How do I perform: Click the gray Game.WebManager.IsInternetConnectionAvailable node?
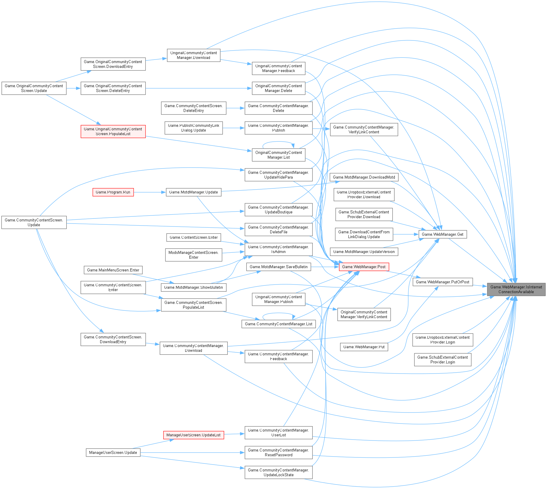pos(516,289)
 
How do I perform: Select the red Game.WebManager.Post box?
pos(364,267)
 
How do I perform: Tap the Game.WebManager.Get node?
pos(442,234)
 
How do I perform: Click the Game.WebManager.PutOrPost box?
pos(442,282)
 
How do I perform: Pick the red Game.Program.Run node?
pos(113,192)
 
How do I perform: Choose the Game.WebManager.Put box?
pos(364,347)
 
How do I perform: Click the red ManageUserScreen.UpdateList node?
pos(193,435)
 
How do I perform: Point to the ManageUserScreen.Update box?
pos(113,452)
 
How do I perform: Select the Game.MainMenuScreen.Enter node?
pos(113,270)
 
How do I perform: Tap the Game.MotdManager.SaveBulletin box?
pos(279,267)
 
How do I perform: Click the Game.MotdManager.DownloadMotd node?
pos(364,177)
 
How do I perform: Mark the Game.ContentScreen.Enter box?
pos(194,237)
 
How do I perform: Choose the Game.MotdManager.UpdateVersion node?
pos(364,251)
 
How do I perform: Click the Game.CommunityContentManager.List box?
pos(279,324)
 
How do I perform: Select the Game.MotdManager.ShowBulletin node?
pos(193,287)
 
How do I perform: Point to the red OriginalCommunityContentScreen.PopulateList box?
pos(113,131)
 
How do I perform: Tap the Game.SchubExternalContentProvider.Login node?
pos(442,360)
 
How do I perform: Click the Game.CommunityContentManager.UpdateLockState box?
pos(279,472)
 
